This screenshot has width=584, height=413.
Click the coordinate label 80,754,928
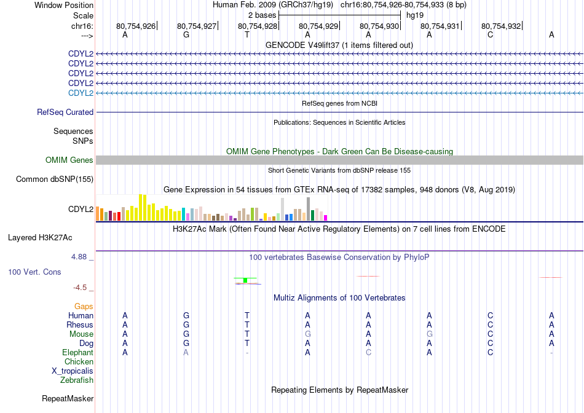pyautogui.click(x=258, y=26)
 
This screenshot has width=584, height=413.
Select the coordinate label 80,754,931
pyautogui.click(x=440, y=26)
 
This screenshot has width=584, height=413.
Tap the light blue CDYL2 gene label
pyautogui.click(x=81, y=93)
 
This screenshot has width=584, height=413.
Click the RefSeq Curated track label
pyautogui.click(x=65, y=112)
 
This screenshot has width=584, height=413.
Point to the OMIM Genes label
pyautogui.click(x=69, y=160)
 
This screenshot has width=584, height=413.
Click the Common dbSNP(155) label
pyautogui.click(x=55, y=179)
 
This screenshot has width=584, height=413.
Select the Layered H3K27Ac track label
pyautogui.click(x=40, y=238)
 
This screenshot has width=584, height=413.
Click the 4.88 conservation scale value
pyautogui.click(x=79, y=257)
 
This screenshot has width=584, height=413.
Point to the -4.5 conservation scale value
pyautogui.click(x=80, y=288)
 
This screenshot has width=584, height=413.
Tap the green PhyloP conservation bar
pyautogui.click(x=245, y=280)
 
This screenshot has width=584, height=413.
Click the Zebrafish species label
pyautogui.click(x=77, y=380)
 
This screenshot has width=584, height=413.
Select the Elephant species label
pyautogui.click(x=78, y=352)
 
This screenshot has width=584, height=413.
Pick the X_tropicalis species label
pyautogui.click(x=73, y=371)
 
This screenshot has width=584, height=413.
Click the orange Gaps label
pyautogui.click(x=84, y=306)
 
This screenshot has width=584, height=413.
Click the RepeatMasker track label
pyautogui.click(x=68, y=398)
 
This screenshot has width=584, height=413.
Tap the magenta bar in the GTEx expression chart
pyautogui.click(x=326, y=218)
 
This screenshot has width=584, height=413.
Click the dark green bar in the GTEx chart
pyautogui.click(x=312, y=216)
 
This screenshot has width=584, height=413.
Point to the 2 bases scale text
pyautogui.click(x=262, y=15)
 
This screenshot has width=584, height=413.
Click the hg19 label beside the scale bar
pyautogui.click(x=415, y=15)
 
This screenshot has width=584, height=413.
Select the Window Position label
pyautogui.click(x=64, y=5)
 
